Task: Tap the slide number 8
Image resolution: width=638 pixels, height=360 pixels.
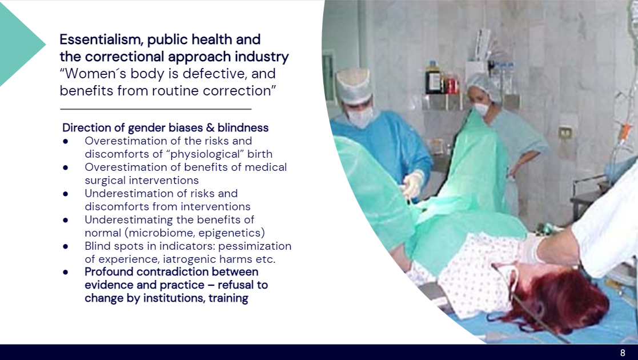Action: [x=623, y=353]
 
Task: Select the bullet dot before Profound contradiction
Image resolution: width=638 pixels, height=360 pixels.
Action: [x=66, y=272]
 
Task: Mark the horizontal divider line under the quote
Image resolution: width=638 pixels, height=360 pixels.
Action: [x=156, y=109]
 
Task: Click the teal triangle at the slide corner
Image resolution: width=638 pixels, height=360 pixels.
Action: [x=21, y=43]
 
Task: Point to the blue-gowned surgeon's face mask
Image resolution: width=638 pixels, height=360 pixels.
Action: [x=360, y=117]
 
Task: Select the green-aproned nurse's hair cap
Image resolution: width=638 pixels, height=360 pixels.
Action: [x=484, y=86]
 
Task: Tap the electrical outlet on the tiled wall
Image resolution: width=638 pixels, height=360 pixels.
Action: [x=564, y=133]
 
